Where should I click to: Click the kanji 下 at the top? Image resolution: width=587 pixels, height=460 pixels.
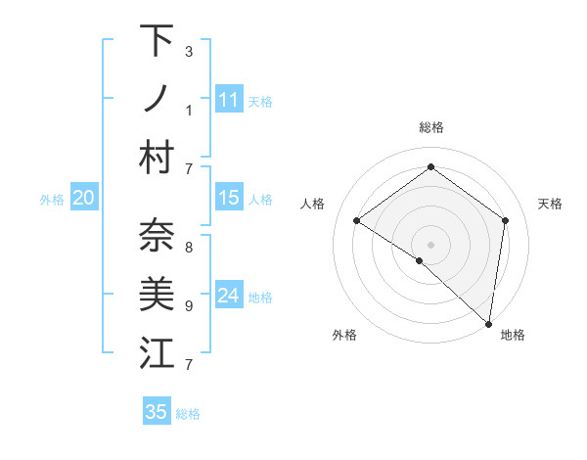157,41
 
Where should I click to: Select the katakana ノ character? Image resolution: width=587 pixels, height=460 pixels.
157,99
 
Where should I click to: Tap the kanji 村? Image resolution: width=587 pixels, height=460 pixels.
157,158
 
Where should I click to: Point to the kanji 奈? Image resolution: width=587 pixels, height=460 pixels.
157,236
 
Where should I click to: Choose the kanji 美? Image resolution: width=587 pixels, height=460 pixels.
157,295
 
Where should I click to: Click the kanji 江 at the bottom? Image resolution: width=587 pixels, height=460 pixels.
157,353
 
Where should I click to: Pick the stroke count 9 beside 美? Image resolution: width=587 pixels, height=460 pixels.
188,305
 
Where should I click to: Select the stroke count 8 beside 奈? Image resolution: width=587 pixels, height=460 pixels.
188,247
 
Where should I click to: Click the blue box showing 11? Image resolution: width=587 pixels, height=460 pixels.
228,100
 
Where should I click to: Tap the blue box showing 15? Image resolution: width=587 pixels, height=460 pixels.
228,198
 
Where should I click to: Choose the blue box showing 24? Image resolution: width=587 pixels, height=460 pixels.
228,296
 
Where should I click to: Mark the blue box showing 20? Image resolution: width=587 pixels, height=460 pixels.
83,198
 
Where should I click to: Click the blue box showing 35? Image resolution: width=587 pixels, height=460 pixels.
157,412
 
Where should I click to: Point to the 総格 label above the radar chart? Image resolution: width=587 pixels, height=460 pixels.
431,127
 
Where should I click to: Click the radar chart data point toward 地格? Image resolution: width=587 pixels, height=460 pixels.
489,324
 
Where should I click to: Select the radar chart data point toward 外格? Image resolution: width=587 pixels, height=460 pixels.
420,260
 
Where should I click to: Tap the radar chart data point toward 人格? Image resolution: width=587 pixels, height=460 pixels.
357,220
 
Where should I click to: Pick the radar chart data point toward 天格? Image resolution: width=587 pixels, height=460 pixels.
506,220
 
